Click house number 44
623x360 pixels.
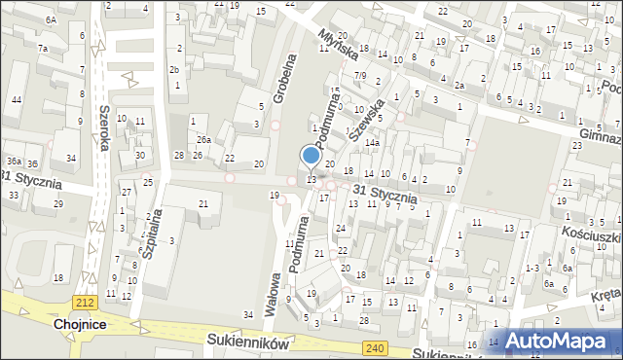pyautogui.click(x=18, y=100)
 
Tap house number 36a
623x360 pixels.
pyautogui.click(x=13, y=162)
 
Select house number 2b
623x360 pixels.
pyautogui.click(x=174, y=70)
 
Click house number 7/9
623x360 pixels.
pyautogui.click(x=359, y=76)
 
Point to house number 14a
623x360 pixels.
pyautogui.click(x=372, y=142)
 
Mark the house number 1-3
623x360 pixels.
pyautogui.click(x=531, y=268)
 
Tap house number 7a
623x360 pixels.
pyautogui.click(x=43, y=48)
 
